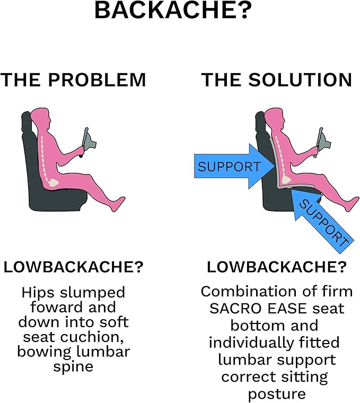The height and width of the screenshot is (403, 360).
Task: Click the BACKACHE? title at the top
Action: click(x=173, y=10)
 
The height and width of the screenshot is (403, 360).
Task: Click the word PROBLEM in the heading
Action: click(x=97, y=80)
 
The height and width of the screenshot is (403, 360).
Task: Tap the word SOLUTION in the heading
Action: click(x=300, y=80)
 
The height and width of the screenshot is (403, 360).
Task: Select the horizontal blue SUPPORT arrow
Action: click(x=234, y=167)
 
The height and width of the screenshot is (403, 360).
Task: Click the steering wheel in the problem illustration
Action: click(x=88, y=141)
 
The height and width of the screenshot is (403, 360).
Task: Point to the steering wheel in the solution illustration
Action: click(x=323, y=141)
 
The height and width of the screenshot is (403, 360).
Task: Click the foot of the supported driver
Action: click(x=352, y=204)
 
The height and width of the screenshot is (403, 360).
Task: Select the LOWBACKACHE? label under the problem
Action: click(x=73, y=267)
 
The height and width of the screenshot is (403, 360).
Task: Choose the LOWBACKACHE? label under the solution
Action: click(x=277, y=267)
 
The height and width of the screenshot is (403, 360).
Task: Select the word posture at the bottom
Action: click(x=277, y=395)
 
